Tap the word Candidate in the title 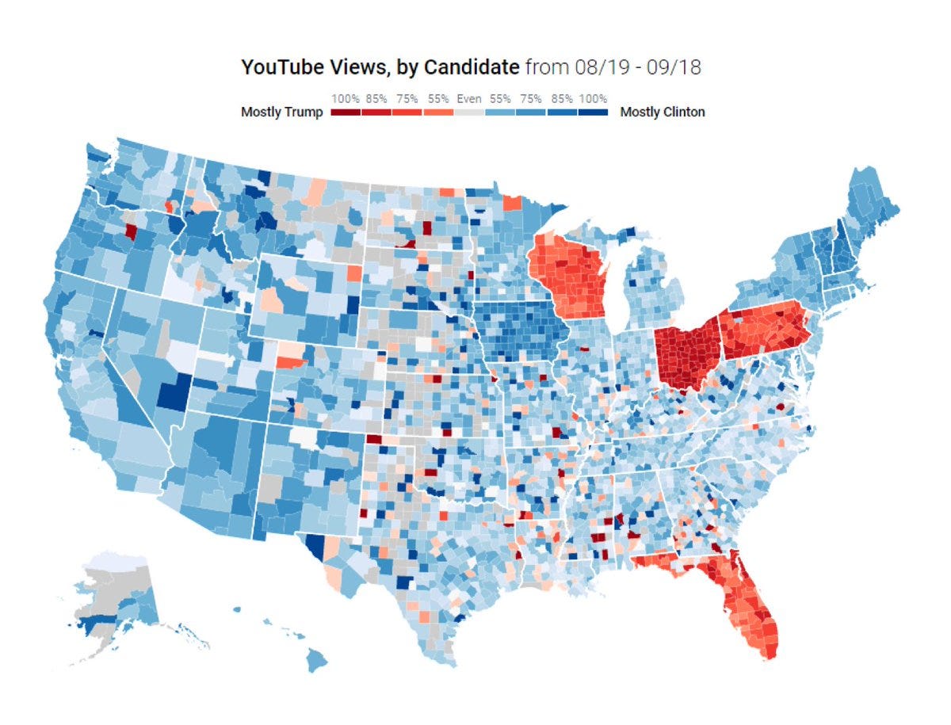(472, 67)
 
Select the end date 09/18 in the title (675, 67)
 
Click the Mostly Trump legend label (281, 113)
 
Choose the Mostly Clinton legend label (663, 113)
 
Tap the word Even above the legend (469, 100)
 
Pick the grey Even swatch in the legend (469, 113)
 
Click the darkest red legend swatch (346, 113)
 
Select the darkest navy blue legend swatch (593, 113)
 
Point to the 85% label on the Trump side (377, 100)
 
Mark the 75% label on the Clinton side (531, 100)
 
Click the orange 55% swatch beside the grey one (438, 113)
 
